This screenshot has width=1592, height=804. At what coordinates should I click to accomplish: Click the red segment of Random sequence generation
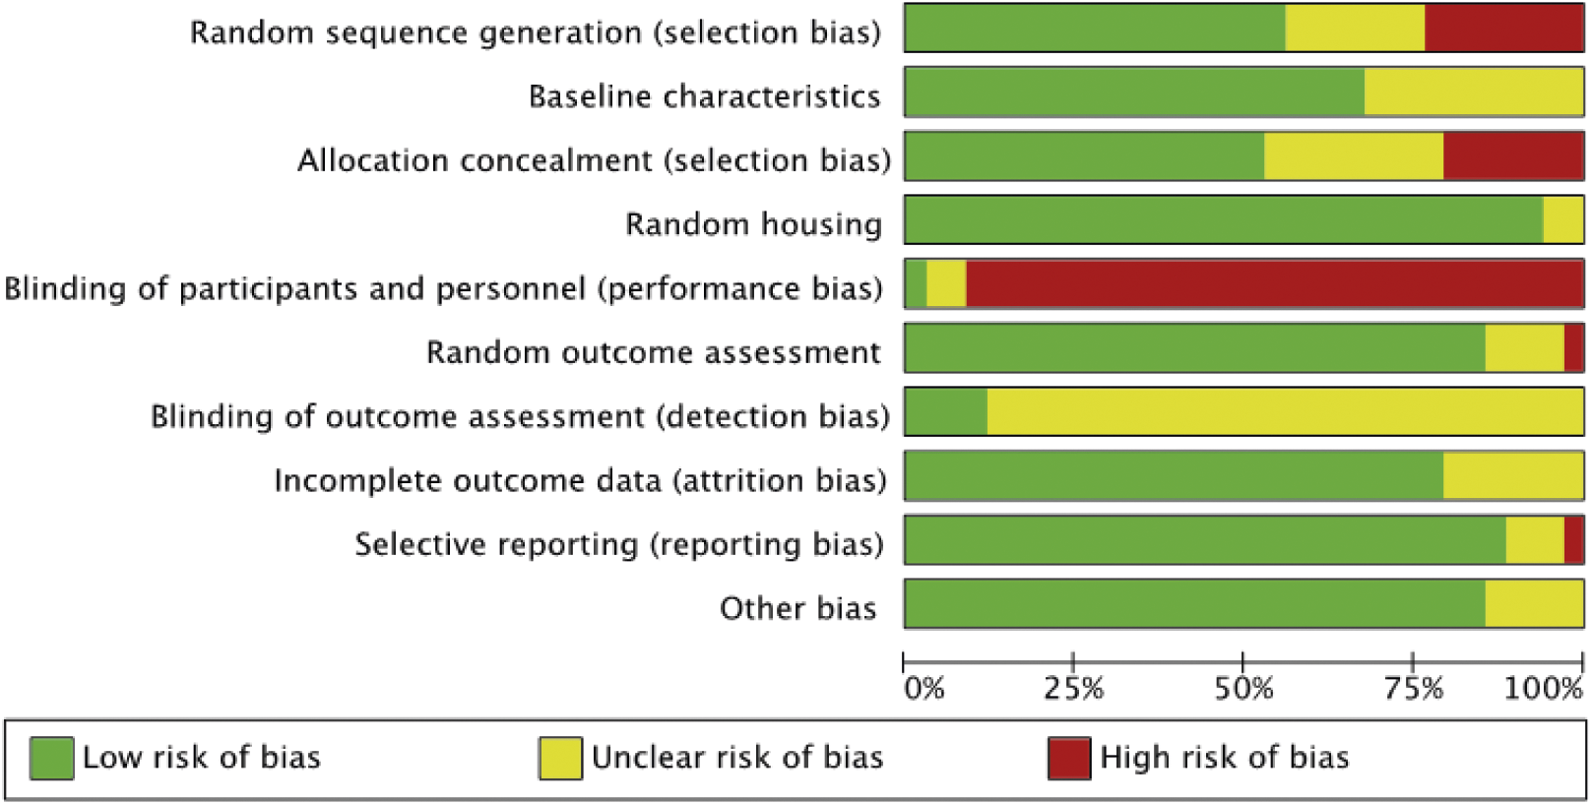[x=1503, y=29]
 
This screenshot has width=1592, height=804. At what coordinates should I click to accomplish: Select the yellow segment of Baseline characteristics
[x=1474, y=92]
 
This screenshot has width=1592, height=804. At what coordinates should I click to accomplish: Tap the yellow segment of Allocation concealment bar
[x=1354, y=155]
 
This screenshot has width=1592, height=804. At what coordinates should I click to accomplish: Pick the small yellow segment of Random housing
[x=1563, y=219]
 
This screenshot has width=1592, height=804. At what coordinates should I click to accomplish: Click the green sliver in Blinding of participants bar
[x=916, y=283]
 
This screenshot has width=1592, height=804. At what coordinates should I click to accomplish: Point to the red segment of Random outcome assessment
[x=1573, y=347]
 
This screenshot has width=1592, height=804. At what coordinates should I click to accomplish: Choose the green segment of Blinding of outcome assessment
[x=946, y=411]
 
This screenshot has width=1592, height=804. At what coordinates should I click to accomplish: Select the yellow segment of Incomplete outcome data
[x=1513, y=475]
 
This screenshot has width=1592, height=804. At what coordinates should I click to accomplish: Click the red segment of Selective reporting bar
[x=1573, y=540]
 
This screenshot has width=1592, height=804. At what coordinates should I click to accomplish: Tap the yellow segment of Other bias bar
[x=1535, y=603]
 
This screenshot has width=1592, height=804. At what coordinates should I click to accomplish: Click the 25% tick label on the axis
[x=1073, y=689]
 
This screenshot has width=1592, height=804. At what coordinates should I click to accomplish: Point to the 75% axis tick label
[x=1413, y=689]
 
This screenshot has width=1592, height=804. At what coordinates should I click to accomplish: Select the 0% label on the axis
[x=923, y=689]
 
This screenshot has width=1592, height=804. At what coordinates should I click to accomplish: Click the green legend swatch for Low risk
[x=52, y=758]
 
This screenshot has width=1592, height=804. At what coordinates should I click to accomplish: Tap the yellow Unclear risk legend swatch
[x=561, y=758]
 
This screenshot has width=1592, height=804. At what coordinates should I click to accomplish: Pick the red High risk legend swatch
[x=1069, y=758]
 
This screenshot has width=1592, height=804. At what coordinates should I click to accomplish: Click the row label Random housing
[x=753, y=224]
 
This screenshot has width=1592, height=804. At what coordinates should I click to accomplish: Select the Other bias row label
[x=798, y=608]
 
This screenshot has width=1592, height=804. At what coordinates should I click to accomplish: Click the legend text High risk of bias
[x=1225, y=757]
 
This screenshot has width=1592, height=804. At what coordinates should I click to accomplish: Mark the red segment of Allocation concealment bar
[x=1513, y=155]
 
